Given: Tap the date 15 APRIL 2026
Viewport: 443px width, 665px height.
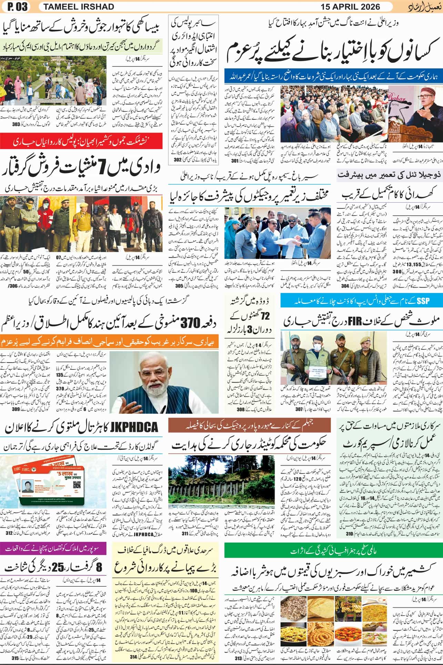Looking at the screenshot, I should point(350,7).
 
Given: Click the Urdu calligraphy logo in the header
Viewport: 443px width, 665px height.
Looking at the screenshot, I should point(424,7).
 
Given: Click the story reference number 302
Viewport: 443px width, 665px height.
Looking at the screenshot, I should point(177,160).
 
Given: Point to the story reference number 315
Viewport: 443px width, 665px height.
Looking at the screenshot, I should point(14,657).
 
